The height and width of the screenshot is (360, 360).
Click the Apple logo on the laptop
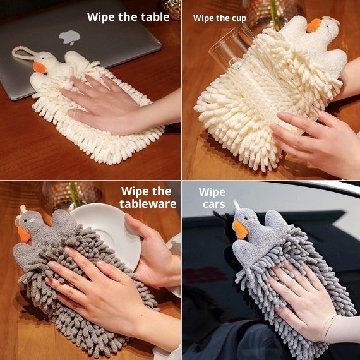tap(69, 38)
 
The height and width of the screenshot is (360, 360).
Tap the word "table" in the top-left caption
tap(155, 17)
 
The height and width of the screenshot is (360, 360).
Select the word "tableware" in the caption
tap(148, 203)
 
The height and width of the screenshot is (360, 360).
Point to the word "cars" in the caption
tap(213, 204)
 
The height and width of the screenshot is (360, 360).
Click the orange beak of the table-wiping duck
tap(40, 68)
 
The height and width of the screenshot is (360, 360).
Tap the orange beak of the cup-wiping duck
tap(314, 25)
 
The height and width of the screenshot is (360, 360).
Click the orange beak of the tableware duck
tap(24, 235)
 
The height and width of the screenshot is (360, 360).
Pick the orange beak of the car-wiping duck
tap(240, 229)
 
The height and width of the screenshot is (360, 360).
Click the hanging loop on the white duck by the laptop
tap(22, 53)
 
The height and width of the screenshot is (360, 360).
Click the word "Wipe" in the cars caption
tap(212, 193)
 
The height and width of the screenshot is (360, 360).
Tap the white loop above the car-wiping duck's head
tap(236, 205)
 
